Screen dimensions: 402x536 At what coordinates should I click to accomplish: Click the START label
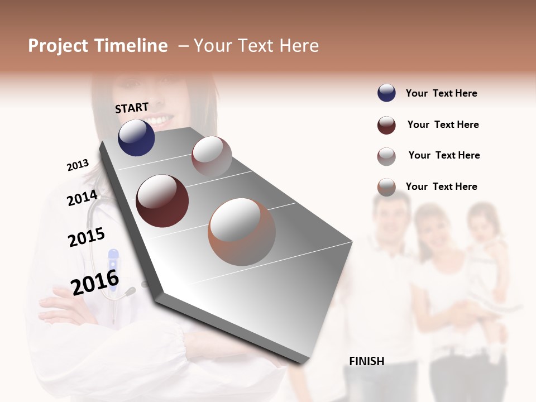[x=132, y=108]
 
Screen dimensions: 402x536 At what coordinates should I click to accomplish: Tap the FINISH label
[x=366, y=361]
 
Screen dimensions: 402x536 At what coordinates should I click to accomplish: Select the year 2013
[x=78, y=165]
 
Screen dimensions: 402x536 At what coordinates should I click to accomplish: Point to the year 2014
[x=82, y=198]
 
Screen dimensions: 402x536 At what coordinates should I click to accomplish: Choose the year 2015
[x=87, y=237]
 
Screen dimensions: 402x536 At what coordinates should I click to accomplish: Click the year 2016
[x=95, y=283]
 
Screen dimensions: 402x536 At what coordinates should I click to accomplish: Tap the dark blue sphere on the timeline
[x=136, y=138]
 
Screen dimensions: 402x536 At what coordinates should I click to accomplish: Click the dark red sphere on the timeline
[x=162, y=201]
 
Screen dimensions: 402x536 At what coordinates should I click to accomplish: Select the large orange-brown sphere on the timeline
[x=242, y=232]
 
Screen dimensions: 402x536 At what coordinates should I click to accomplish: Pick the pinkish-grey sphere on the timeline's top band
[x=212, y=156]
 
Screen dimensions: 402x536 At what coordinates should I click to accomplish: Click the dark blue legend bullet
[x=386, y=93]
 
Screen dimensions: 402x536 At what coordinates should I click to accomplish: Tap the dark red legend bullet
[x=386, y=125]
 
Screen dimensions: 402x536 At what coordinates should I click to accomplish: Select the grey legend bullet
[x=386, y=156]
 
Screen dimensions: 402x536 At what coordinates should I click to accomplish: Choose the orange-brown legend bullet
[x=386, y=187]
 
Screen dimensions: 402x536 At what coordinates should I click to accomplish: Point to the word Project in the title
[x=58, y=46]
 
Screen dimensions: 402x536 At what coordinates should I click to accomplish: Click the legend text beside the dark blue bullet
[x=441, y=93]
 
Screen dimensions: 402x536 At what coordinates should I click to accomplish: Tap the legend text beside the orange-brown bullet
[x=441, y=186]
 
